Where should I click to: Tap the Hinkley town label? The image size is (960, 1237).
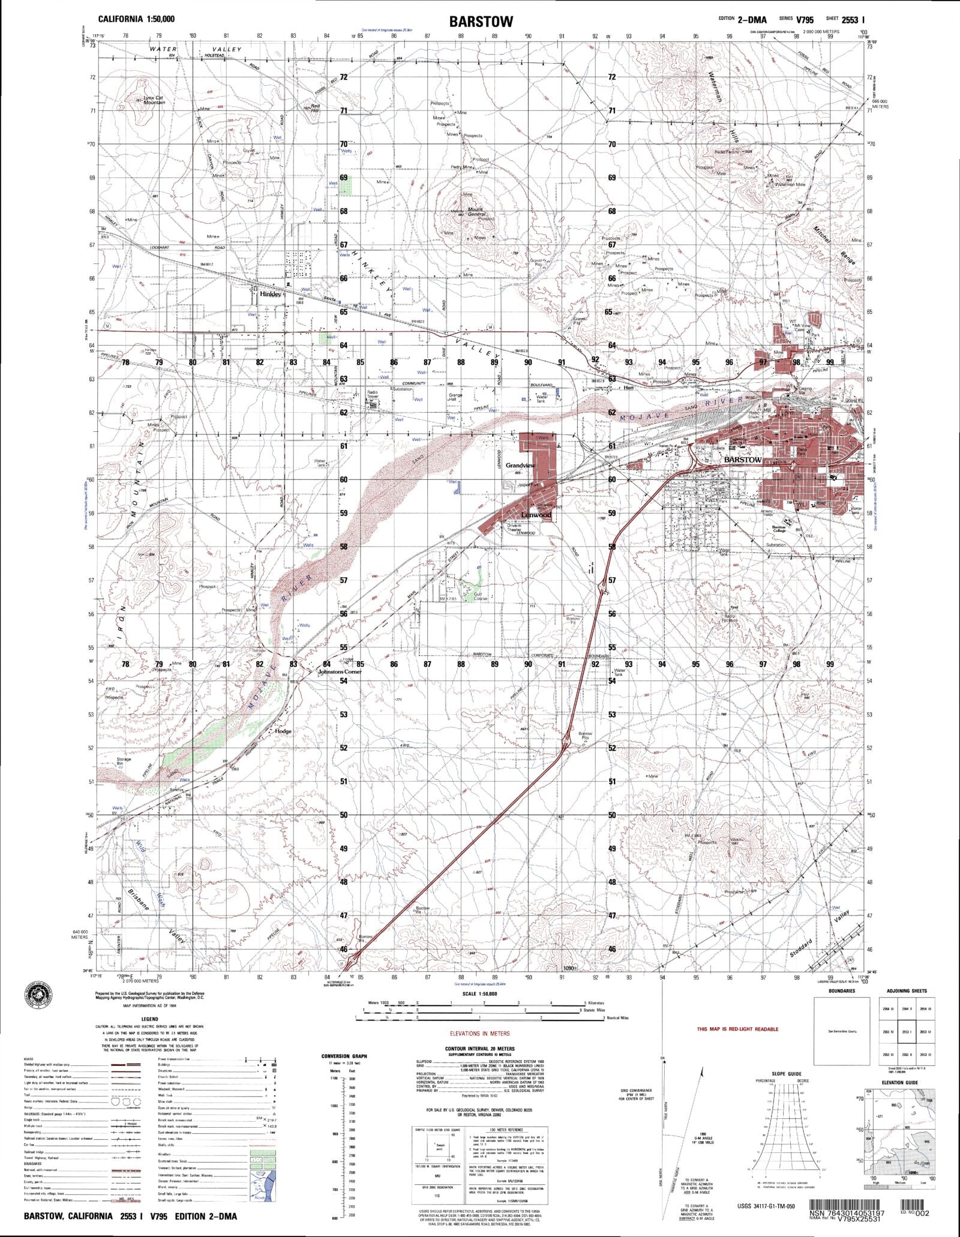click(x=271, y=295)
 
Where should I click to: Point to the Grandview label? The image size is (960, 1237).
click(x=520, y=466)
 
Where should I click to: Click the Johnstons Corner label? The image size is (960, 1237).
click(x=340, y=672)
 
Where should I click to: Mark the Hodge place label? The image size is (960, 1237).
click(x=283, y=731)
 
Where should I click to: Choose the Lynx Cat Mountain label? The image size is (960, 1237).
click(x=154, y=101)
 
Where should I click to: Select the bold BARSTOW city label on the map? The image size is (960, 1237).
click(x=743, y=460)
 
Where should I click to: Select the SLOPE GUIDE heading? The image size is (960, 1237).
click(x=787, y=1073)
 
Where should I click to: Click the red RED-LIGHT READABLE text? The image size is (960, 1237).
click(x=737, y=1029)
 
